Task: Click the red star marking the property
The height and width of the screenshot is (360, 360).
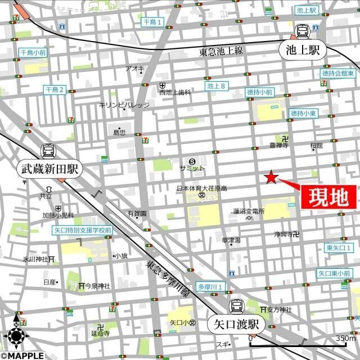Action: click(271, 178)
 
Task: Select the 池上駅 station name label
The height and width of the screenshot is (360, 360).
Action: click(302, 51)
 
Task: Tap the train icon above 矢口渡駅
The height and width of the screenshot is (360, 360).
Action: click(236, 306)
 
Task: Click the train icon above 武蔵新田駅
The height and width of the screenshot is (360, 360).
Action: click(48, 151)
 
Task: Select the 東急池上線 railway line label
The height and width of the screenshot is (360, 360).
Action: click(220, 52)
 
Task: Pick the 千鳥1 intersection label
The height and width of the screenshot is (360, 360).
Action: click(152, 22)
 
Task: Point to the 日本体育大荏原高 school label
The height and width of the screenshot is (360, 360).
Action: click(200, 188)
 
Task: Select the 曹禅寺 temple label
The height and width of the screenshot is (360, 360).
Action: click(278, 145)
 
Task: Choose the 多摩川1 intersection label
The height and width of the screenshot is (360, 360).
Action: click(211, 287)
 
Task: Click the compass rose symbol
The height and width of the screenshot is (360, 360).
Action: click(16, 336)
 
